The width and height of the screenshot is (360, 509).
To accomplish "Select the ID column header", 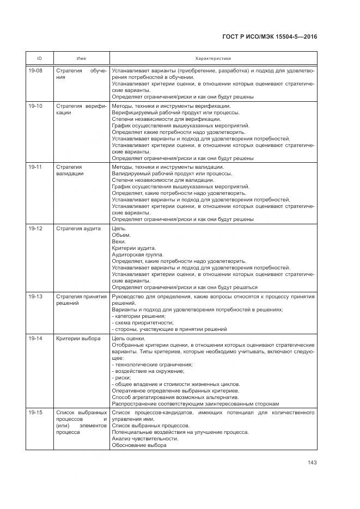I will tap(40, 58).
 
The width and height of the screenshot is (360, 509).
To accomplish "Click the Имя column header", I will tap(81, 58).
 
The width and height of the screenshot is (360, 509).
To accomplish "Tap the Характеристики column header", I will tap(213, 58).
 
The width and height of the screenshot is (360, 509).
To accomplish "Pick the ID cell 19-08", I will tap(35, 71).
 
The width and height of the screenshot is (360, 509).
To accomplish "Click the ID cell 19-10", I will tap(35, 106).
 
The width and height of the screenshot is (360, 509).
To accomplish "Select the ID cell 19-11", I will tap(35, 167).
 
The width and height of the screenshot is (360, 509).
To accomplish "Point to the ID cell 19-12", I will tap(35, 228).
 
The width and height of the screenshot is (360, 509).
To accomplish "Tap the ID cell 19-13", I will tap(35, 296).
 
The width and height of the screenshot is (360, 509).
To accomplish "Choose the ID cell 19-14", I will tap(35, 338).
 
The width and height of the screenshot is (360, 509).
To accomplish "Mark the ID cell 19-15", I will tap(35, 413).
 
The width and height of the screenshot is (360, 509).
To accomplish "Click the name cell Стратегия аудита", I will tap(78, 228).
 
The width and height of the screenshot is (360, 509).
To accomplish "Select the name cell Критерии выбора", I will tap(78, 338).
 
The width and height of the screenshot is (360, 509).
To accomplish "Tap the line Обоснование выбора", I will tap(139, 445).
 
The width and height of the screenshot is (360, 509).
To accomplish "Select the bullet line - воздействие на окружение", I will tap(148, 371).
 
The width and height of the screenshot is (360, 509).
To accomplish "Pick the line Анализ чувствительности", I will tap(144, 439).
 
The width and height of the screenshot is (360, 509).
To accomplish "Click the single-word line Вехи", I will tap(119, 241).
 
